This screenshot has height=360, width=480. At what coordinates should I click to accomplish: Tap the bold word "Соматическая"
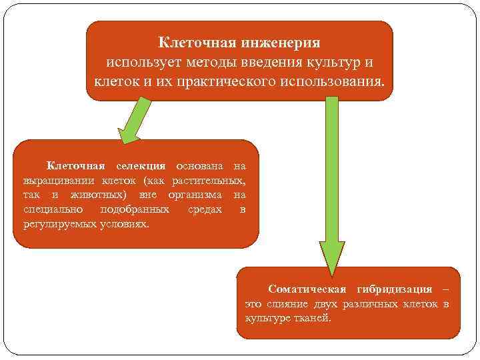click(306, 289)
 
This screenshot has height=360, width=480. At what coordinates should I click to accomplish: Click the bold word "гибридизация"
click(393, 289)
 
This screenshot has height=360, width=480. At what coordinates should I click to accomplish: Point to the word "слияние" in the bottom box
click(287, 304)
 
